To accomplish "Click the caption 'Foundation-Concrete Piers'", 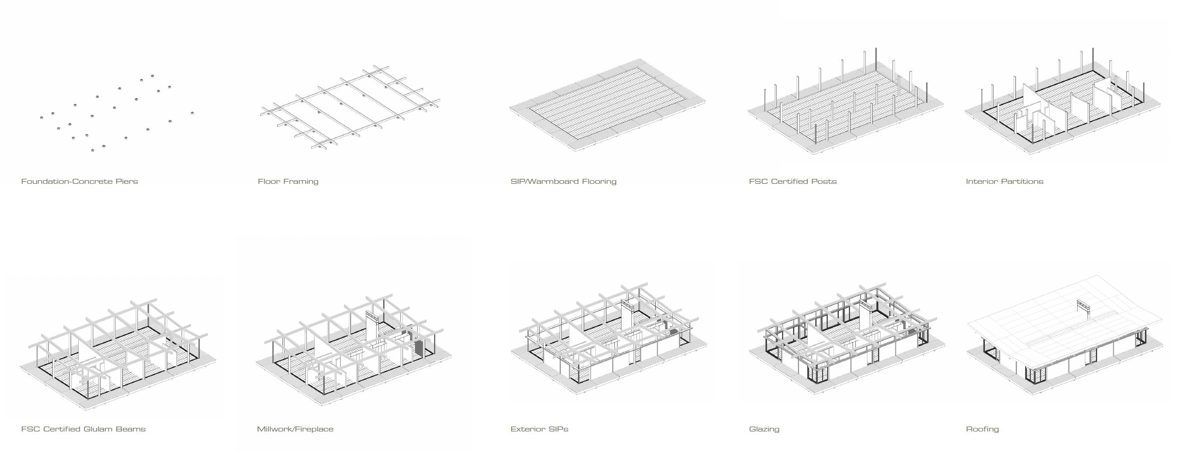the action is point(79,181).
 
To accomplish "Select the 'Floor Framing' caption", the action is point(288,181).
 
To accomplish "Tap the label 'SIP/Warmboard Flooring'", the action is point(563,181).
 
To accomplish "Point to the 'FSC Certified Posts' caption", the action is point(792,181).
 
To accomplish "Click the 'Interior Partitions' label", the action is point(1004,181).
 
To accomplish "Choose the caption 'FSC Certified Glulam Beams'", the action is point(84,429).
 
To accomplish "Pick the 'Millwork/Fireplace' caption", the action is point(295,429).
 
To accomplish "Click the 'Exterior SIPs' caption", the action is point(539,429).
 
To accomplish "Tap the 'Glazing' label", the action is point(764,429).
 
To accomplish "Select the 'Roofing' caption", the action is point(982,429).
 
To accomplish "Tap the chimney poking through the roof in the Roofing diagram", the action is point(1084,308).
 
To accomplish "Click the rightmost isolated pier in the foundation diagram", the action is point(192,113).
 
